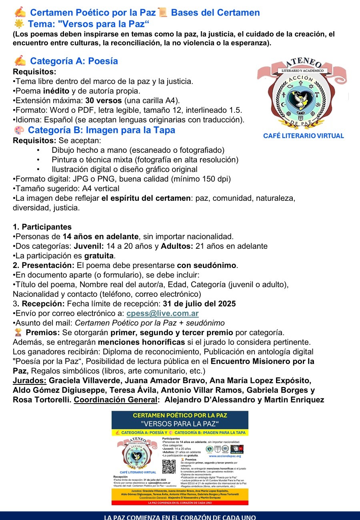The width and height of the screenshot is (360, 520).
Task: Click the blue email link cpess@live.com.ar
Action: click(x=162, y=314)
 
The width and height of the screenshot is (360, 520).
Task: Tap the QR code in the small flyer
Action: click(x=169, y=466)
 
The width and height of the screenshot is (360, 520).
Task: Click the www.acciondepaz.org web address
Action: click(x=225, y=456)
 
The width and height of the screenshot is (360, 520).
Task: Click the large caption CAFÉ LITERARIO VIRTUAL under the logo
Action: click(x=303, y=136)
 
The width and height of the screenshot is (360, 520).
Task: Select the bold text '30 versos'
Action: click(x=103, y=100)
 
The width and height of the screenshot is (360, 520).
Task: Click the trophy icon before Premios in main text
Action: click(x=18, y=332)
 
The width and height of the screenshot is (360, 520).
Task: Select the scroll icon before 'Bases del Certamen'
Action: click(x=162, y=12)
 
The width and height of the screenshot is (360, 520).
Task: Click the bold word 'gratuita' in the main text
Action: click(x=100, y=256)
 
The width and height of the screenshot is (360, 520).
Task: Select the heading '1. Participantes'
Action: click(x=42, y=227)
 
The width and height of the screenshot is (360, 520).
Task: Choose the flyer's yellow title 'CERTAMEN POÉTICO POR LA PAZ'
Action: click(x=180, y=416)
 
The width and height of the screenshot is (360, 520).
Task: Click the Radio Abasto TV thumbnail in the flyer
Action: click(x=237, y=449)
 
